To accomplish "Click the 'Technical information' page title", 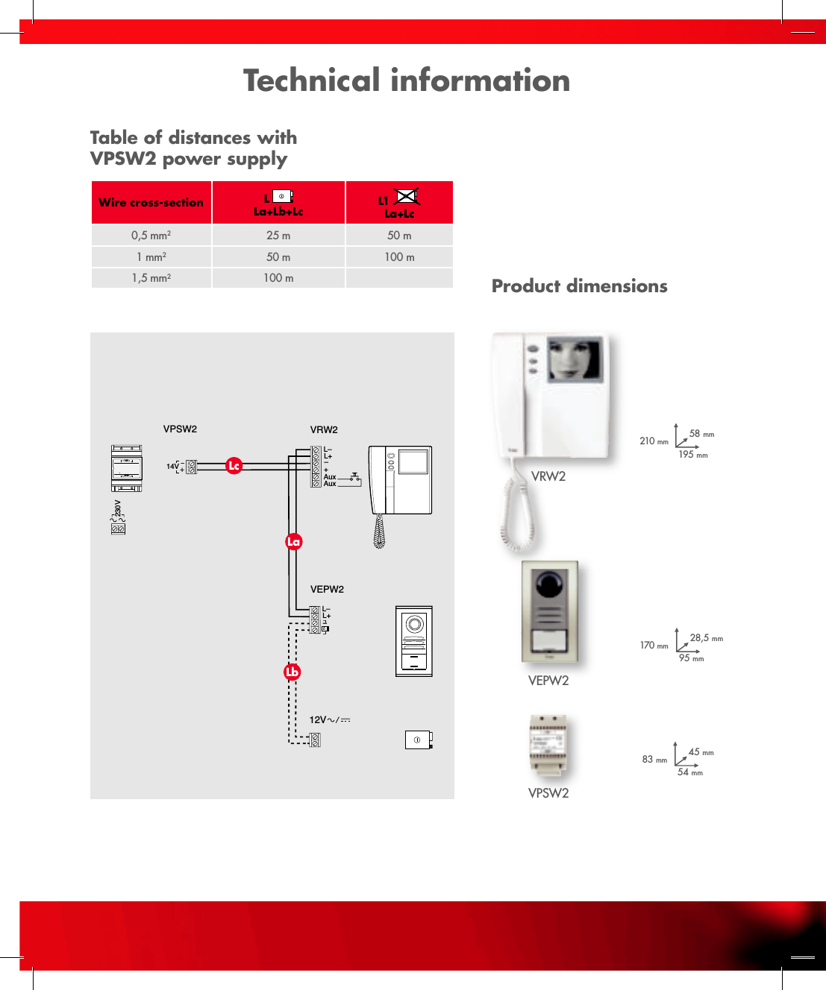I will [407, 81].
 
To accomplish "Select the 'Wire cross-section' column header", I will [151, 203].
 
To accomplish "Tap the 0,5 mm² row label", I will [151, 236].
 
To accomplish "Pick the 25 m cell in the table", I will [278, 236].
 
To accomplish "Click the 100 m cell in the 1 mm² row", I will [399, 257].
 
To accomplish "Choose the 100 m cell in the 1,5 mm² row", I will [278, 278].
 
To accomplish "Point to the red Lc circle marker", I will [234, 466].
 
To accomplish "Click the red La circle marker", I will [293, 542].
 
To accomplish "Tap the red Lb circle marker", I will [292, 672].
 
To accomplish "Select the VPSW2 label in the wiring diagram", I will [180, 429].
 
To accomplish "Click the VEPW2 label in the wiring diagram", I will [327, 590].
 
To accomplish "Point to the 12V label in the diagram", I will [318, 720].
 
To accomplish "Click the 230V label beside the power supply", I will [118, 508].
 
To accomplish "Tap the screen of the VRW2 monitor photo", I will [574, 359].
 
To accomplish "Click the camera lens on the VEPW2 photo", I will [548, 582].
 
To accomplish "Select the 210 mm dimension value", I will [654, 441].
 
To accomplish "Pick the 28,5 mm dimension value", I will [706, 638].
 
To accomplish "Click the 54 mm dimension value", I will [689, 772].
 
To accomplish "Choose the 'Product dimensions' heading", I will [579, 286].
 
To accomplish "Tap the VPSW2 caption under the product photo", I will [548, 793].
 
